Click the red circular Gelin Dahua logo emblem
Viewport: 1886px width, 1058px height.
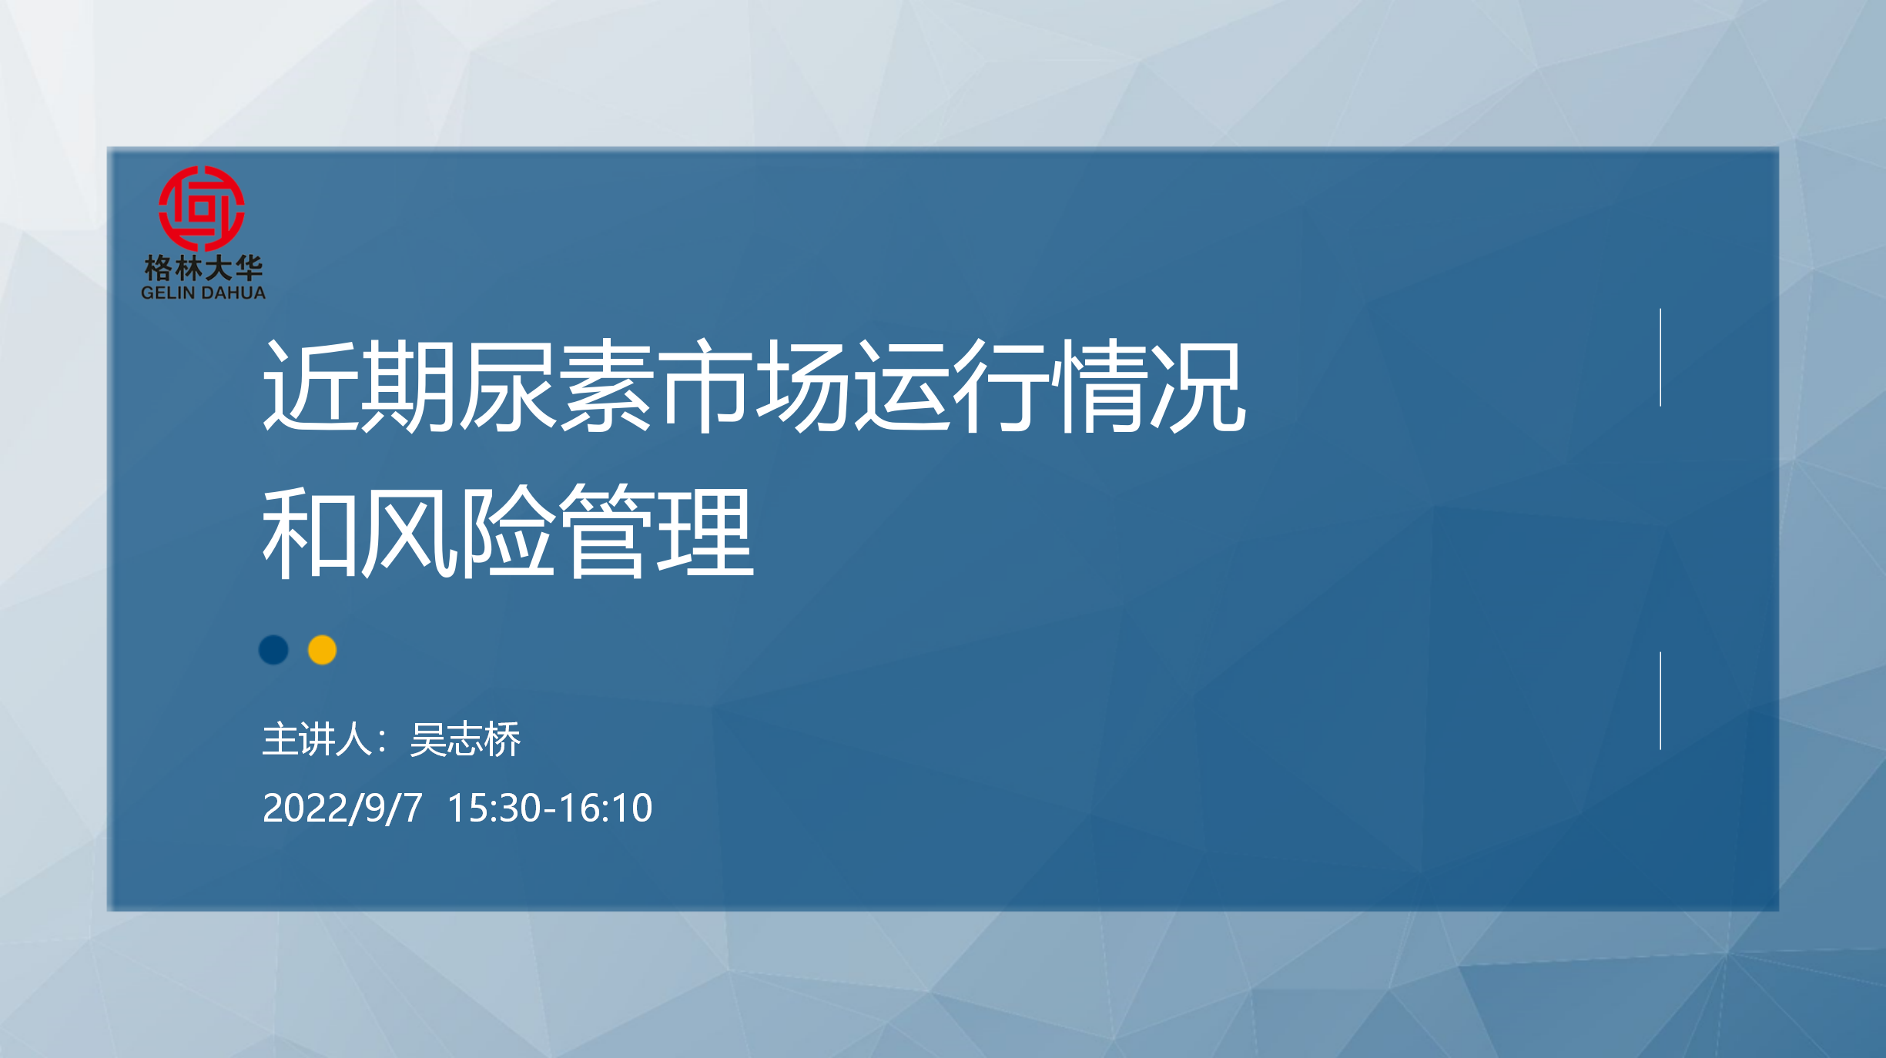pos(202,208)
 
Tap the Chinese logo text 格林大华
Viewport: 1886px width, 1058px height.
pos(203,269)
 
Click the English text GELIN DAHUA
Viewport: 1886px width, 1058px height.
pos(203,293)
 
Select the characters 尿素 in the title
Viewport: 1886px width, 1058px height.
pos(555,385)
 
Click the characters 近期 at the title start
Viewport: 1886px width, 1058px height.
pos(360,385)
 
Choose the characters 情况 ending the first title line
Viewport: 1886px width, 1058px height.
pos(1151,385)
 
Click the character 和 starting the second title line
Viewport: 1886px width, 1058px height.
pos(310,532)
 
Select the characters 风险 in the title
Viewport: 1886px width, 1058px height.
pos(457,532)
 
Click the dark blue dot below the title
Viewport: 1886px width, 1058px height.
pos(273,650)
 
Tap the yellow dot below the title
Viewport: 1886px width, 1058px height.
pos(323,650)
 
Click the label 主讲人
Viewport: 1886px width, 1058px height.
pos(317,740)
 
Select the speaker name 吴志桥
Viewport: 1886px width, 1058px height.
pos(466,740)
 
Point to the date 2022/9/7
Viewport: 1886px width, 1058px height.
pos(343,809)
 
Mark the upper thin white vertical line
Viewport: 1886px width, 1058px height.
pos(1660,357)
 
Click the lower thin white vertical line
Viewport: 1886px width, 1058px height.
pos(1660,701)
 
